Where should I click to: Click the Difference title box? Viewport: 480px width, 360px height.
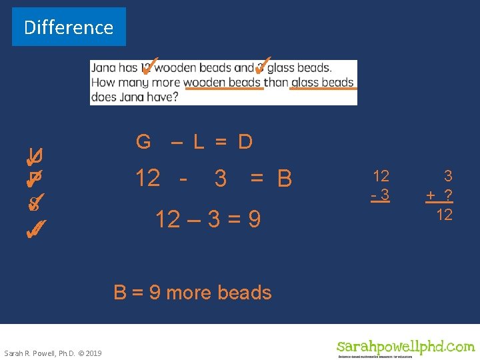click(69, 27)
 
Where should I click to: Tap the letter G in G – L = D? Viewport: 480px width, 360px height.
click(143, 141)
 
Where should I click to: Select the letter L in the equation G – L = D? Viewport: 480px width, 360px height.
click(199, 141)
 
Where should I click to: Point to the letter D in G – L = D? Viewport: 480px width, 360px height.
click(245, 141)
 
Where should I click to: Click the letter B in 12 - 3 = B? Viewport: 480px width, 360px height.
click(285, 179)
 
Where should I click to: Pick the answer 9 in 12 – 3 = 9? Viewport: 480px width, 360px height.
click(253, 219)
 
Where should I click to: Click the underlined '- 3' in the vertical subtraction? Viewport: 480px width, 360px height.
click(381, 195)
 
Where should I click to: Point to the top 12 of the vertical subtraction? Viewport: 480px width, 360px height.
click(381, 176)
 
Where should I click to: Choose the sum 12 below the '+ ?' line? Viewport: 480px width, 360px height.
click(444, 215)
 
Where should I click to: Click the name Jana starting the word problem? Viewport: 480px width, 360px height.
click(103, 68)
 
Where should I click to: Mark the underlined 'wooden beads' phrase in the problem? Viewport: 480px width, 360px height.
click(223, 83)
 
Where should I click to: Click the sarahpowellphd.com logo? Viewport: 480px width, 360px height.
click(405, 347)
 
